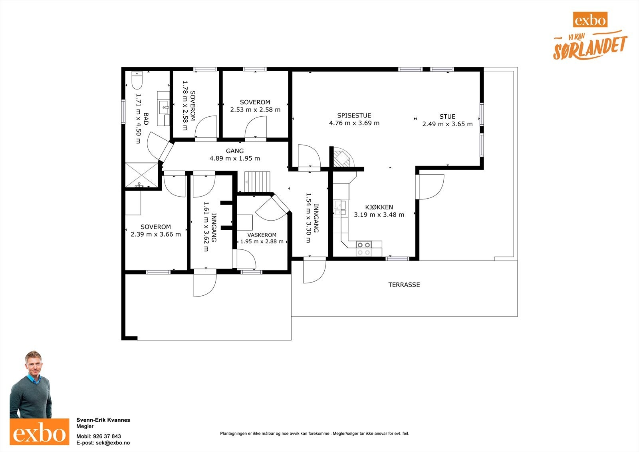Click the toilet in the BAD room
pos(137,80)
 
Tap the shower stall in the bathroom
pos(142,175)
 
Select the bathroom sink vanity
pos(163,108)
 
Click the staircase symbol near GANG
pos(257,182)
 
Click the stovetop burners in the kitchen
pos(364,249)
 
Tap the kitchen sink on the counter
pos(340,207)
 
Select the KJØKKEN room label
pos(379,207)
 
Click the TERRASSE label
pos(404,285)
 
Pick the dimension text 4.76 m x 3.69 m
pos(354,123)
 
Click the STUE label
pos(447,117)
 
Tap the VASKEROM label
pos(262,235)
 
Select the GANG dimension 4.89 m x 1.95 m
pos(235,159)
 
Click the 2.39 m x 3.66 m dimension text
pos(156,235)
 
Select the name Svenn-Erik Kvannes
pos(103,420)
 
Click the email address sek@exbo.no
pos(113,443)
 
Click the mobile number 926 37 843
pos(107,436)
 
